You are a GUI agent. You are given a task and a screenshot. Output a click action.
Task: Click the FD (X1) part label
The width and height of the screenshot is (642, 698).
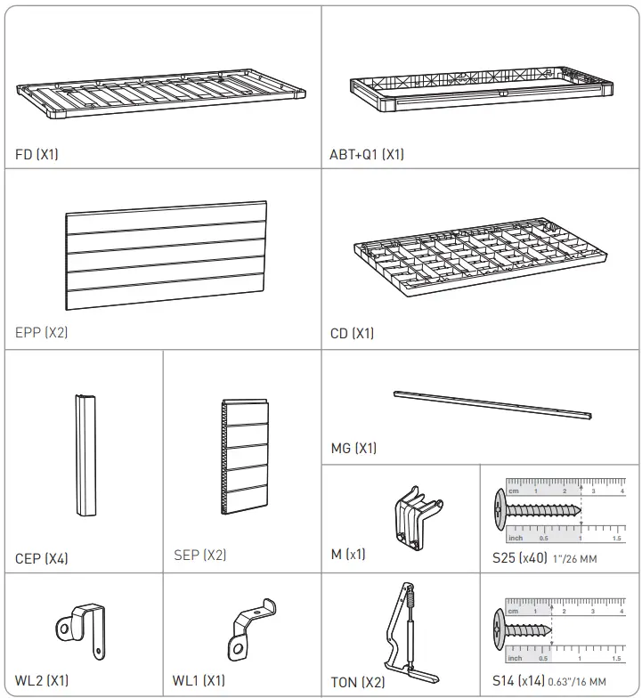point(37,154)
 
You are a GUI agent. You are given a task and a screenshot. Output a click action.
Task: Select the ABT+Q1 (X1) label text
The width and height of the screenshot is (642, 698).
point(366,154)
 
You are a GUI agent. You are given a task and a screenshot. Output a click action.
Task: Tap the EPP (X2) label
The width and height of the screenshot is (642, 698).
point(42,333)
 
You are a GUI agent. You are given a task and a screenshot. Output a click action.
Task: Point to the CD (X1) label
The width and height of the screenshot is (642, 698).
point(352,334)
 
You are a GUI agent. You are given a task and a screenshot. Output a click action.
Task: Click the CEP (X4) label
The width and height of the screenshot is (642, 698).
point(42,559)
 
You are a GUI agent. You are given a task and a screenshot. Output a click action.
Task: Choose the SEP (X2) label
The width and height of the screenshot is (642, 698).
point(200,555)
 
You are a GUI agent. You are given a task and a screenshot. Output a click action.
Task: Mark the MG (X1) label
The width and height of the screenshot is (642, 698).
point(354,449)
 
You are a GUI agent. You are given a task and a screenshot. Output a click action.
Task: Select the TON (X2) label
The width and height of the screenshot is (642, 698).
point(357,682)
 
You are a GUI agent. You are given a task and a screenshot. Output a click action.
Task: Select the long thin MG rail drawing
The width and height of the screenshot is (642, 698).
point(492,405)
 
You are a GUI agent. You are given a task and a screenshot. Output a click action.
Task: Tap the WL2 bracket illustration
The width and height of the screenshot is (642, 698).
point(82,626)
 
